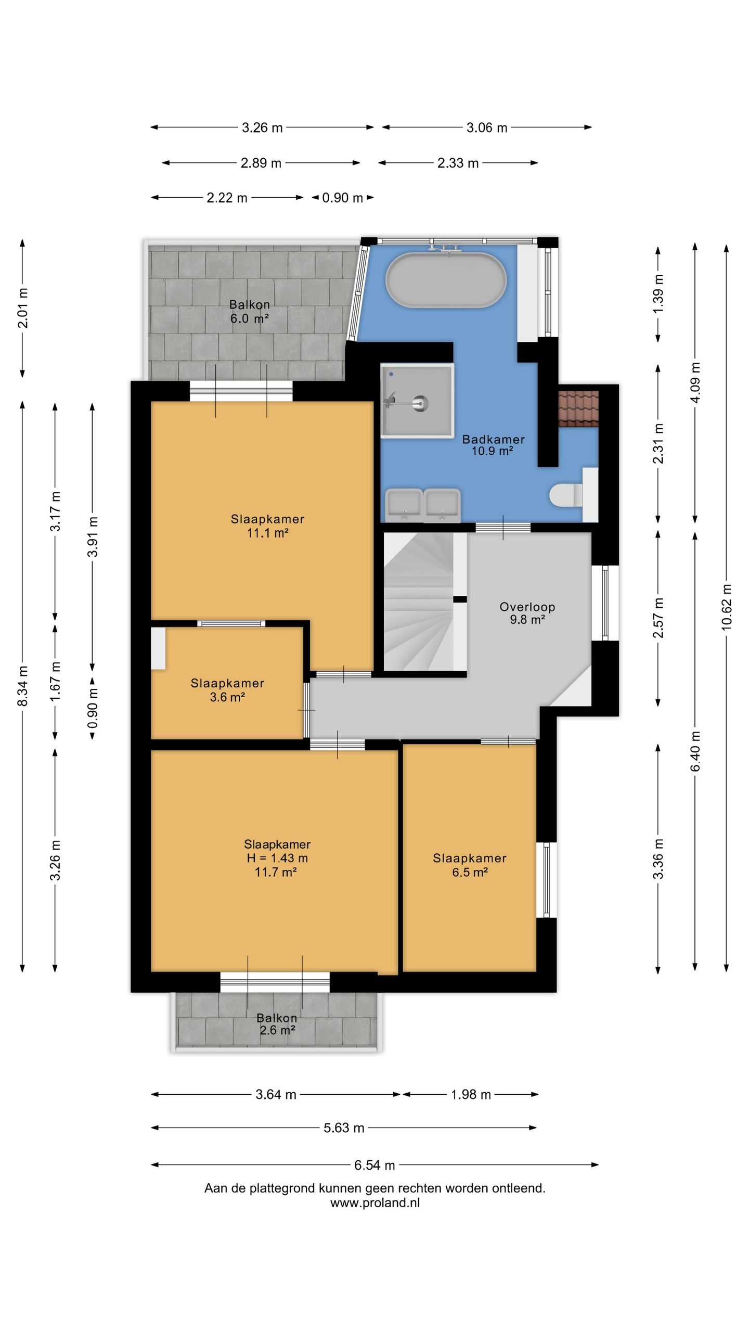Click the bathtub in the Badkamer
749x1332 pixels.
point(445,280)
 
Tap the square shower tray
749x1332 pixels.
point(417,400)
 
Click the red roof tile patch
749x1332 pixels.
point(578,408)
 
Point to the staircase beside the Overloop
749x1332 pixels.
point(424,601)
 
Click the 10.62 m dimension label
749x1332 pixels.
point(726,607)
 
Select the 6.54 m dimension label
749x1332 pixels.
point(374,1165)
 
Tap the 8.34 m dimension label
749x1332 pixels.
point(22,686)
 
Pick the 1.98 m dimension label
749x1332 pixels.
point(471,1094)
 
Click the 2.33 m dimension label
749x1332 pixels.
point(458,163)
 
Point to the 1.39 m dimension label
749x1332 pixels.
point(658,293)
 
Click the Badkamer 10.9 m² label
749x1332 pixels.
point(493,445)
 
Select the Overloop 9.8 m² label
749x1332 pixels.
point(527,613)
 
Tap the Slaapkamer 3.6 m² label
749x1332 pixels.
point(227,690)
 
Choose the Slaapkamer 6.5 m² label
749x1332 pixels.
point(470,865)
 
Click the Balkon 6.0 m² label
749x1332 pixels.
point(250,312)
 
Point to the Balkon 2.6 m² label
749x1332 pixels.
point(277,1024)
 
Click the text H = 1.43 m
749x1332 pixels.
point(277,858)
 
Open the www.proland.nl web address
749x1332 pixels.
point(374,1202)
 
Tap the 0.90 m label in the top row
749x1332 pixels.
point(342,198)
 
